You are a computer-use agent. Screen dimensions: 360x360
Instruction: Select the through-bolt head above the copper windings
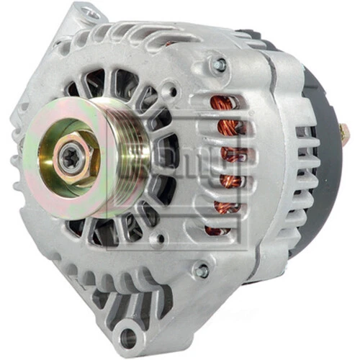[215, 64]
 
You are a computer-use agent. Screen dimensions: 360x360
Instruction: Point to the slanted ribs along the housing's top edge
[144, 36]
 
